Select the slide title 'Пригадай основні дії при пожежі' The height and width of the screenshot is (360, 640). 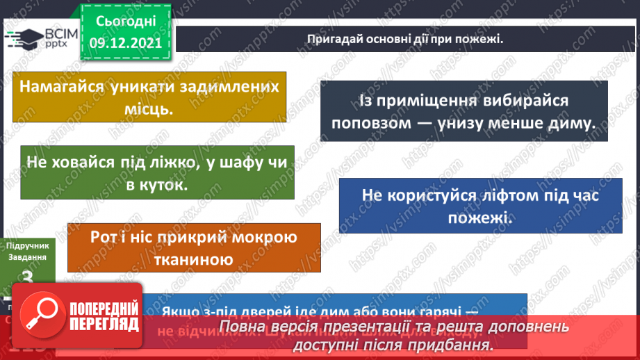click(404, 39)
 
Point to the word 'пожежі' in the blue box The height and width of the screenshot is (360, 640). click(479, 218)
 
